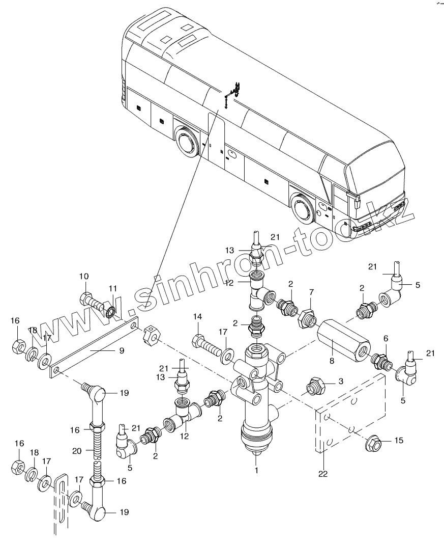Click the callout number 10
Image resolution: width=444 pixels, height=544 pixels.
84,277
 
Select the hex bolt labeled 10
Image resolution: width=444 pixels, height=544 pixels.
92,303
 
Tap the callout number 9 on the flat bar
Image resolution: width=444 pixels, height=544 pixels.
122,351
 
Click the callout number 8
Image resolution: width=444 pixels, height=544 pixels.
332,361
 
